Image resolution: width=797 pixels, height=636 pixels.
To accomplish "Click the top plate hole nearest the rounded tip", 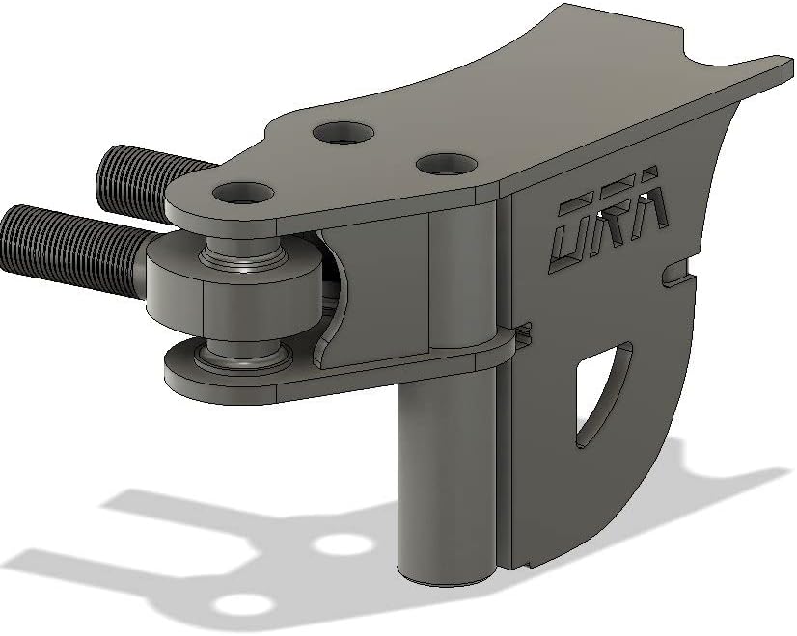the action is (x=243, y=194).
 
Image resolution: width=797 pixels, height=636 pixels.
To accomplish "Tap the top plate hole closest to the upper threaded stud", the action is (x=344, y=133).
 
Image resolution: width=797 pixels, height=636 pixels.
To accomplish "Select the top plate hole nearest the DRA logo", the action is (x=447, y=164).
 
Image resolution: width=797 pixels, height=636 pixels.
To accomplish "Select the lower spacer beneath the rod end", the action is (x=241, y=353).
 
